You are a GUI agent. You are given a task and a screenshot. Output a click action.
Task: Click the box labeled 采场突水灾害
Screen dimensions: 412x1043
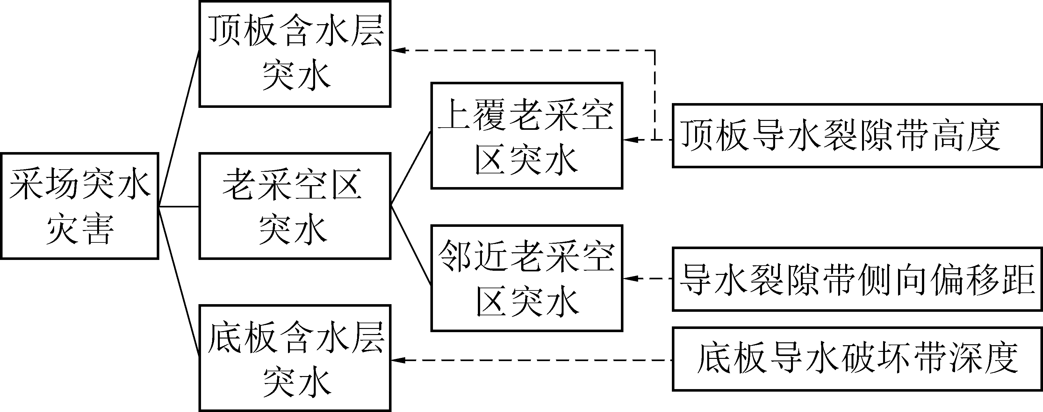coord(79,206)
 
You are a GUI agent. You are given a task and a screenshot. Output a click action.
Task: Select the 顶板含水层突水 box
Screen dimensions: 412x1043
coord(295,54)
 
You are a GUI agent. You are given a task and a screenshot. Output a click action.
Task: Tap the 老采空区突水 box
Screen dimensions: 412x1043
coord(295,206)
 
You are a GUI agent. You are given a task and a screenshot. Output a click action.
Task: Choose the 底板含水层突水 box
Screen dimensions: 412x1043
coord(295,358)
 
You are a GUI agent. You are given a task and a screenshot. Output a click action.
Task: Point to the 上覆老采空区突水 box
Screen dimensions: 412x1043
coord(526,136)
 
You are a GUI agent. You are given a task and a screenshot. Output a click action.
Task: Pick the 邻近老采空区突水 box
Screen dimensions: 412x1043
coord(526,278)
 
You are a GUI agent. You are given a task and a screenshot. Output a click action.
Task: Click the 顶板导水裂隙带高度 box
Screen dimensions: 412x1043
coord(856,136)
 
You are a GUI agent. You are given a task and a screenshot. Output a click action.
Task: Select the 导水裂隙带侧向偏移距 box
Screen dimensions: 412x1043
coord(856,279)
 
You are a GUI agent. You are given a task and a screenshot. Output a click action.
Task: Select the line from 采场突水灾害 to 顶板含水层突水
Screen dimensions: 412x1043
coord(178,129)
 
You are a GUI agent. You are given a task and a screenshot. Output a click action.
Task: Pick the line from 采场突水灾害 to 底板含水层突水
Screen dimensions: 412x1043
coord(178,282)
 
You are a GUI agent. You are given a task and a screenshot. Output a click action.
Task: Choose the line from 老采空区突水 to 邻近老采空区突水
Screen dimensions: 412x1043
coord(411,245)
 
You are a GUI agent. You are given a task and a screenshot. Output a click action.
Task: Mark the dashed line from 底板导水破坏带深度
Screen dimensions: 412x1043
coord(535,360)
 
